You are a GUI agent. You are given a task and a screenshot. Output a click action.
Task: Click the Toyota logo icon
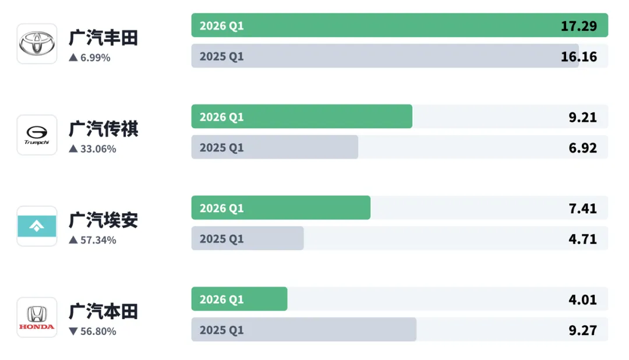coord(37,44)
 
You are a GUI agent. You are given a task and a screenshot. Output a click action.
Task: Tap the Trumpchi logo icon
coord(37,135)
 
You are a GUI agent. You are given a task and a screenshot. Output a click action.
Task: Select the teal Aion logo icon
coord(37,226)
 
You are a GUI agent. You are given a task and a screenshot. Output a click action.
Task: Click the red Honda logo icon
coord(37,317)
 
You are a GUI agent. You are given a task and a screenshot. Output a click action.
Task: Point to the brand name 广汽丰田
coord(103,38)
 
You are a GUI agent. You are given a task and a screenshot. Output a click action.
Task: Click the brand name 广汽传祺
coord(103,129)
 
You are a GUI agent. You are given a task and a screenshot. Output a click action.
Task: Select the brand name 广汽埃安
coord(103,220)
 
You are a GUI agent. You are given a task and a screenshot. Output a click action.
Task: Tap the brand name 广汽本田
coord(103,312)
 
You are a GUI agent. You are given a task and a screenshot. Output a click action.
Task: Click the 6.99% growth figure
coord(90,58)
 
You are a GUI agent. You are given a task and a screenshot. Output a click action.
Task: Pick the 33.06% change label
coord(93,149)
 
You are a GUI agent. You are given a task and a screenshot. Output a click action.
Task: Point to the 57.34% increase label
coord(93,240)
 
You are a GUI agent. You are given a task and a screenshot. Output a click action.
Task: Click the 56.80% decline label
coord(93,331)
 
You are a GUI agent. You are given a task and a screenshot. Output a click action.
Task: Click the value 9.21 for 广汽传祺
coord(583,117)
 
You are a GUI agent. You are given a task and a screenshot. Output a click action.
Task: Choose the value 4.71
coord(583,239)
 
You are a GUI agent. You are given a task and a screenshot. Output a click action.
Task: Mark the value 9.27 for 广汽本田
coord(583,330)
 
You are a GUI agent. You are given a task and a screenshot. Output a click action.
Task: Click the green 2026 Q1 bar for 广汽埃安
coord(281,208)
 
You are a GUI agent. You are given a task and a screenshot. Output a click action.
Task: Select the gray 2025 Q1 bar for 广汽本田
coord(303,330)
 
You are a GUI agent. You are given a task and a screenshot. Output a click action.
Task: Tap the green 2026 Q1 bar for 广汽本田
coord(239,299)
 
